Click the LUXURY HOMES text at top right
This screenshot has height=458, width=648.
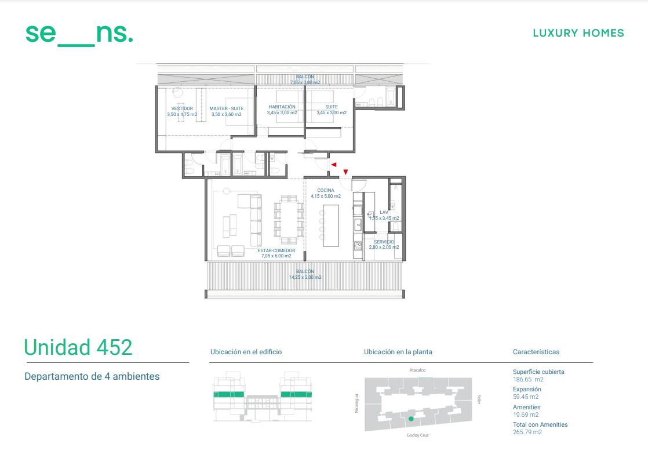[x=578, y=33]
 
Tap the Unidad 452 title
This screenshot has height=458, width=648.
[x=78, y=347]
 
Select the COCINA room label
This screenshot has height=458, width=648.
[x=326, y=191]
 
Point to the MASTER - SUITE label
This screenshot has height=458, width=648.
[x=227, y=109]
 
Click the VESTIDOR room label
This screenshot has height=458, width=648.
[x=182, y=109]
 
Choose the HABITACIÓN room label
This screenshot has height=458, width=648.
[x=282, y=107]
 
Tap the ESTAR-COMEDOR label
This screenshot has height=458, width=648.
[x=276, y=250]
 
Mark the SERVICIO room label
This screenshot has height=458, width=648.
[x=384, y=242]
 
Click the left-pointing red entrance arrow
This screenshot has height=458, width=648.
[x=333, y=165]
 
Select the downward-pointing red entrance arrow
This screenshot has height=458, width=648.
[x=345, y=172]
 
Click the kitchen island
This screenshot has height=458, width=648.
[x=330, y=226]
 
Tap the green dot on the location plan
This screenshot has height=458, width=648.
[x=411, y=419]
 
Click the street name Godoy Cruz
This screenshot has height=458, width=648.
[x=417, y=435]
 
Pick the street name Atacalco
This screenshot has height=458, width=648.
[x=417, y=370]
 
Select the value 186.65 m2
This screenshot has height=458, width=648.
[x=528, y=380]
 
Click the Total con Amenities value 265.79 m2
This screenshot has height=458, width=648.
[x=527, y=432]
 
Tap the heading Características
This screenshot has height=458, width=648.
[x=536, y=352]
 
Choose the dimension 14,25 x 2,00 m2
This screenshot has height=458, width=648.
[x=305, y=277]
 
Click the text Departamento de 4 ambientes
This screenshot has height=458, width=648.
[x=92, y=377]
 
